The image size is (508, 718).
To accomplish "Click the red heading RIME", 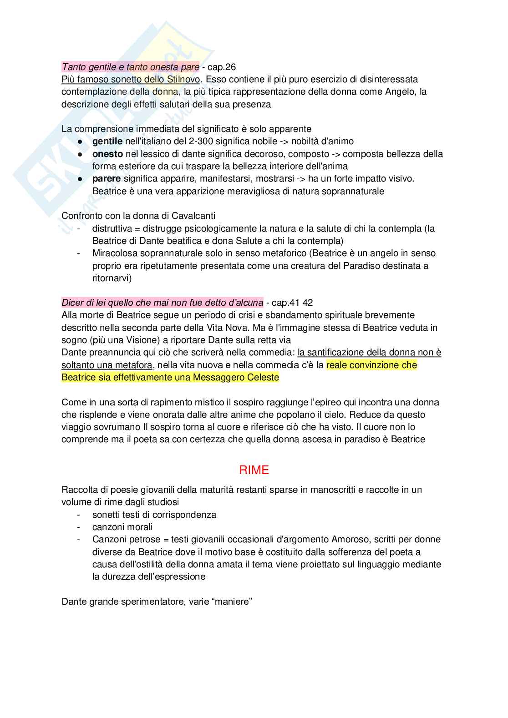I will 254,470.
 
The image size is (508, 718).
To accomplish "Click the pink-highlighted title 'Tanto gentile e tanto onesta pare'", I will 130,67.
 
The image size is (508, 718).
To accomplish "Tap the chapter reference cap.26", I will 222,67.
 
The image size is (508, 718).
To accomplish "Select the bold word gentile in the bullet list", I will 107,142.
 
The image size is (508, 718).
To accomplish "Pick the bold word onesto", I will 107,154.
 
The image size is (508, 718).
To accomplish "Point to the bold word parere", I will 107,179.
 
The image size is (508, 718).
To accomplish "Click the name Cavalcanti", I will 193,216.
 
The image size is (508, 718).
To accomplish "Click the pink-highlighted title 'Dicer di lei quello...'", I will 162,303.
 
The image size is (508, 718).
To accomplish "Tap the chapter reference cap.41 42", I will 292,303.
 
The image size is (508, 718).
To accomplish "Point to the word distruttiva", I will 112,228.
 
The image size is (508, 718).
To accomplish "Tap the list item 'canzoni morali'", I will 122,527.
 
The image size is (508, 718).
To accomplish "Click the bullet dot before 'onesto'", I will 80,154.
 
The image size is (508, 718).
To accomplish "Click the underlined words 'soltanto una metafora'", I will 107,365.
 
